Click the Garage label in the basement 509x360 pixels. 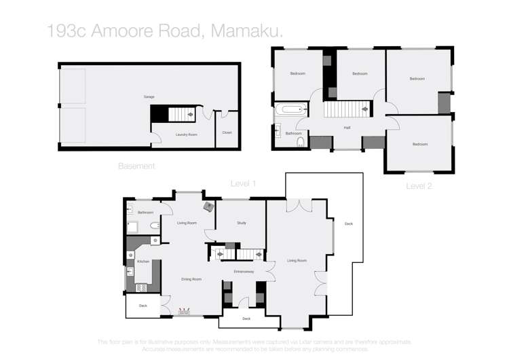pos(149,97)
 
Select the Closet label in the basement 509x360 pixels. pos(227,132)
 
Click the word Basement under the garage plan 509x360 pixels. pos(136,166)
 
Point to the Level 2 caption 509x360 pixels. pos(419,185)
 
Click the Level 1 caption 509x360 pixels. pos(243,183)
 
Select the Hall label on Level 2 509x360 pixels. pos(347,127)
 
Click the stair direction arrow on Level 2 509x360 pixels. pos(365,109)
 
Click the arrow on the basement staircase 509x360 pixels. pos(191,115)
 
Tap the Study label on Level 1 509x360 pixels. pos(241,223)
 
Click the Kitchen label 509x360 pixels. pos(143,262)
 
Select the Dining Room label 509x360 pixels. pos(191,279)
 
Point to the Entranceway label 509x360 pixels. pos(244,272)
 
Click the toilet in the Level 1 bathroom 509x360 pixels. pos(155,226)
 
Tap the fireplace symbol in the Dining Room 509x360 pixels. pos(183,312)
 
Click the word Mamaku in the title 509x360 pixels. pos(247,31)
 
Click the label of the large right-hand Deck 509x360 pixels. pos(348,223)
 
